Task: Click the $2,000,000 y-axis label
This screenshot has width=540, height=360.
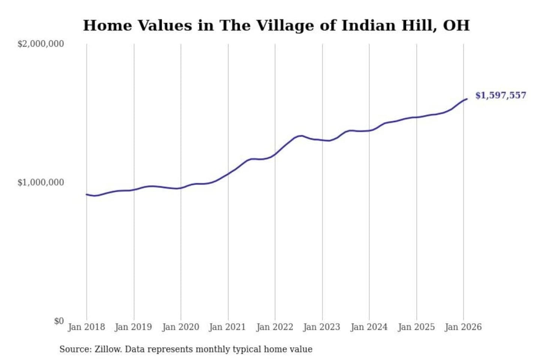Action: [40, 44]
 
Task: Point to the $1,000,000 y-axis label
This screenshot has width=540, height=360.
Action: [40, 183]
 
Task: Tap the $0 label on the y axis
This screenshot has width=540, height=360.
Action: [59, 321]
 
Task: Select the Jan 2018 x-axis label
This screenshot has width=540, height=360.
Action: [86, 327]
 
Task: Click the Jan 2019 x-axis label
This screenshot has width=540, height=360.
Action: [133, 327]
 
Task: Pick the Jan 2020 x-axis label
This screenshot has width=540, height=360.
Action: [180, 327]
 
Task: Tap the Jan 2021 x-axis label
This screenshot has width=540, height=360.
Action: [227, 327]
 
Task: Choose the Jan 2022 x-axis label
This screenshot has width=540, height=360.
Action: [274, 327]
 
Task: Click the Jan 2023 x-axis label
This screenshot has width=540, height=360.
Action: [322, 327]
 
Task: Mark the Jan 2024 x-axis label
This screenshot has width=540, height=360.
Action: [369, 327]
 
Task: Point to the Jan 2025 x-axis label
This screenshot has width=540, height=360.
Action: [416, 327]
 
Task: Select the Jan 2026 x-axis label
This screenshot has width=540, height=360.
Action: [463, 327]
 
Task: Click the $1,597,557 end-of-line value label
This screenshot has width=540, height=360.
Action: [501, 95]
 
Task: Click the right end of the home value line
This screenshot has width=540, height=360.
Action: [467, 99]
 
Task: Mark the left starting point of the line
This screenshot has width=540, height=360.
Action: [87, 194]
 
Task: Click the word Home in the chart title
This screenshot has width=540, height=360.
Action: [107, 25]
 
